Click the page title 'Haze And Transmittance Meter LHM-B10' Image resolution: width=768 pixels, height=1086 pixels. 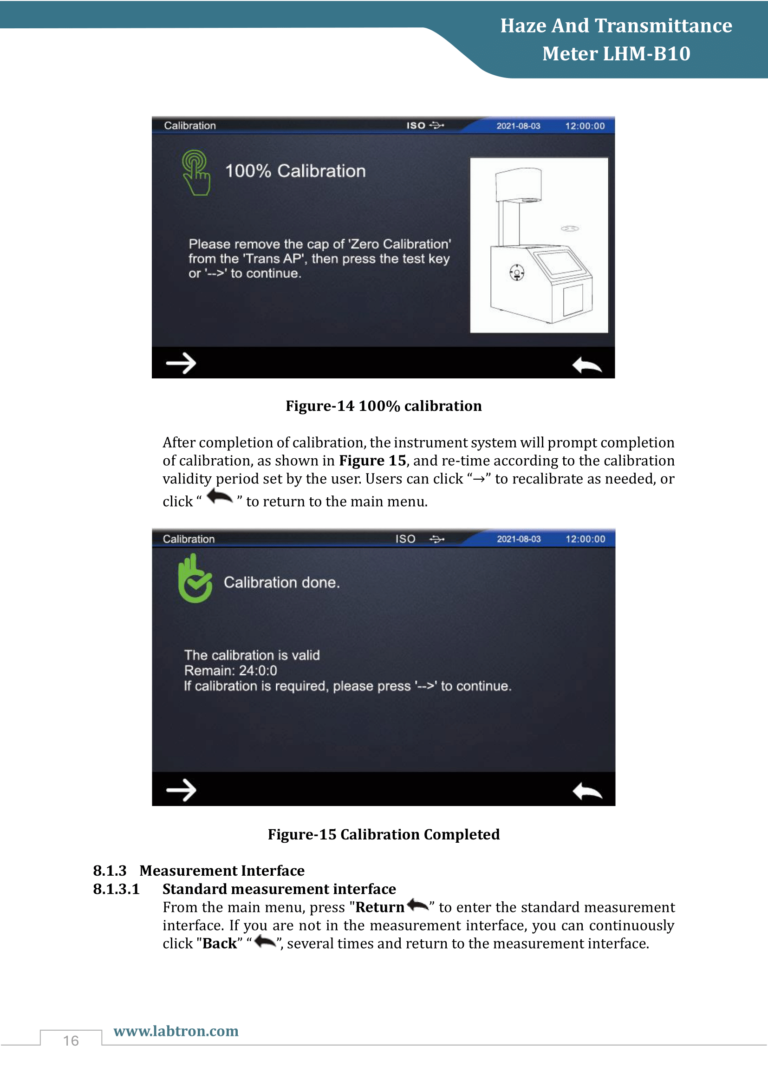pyautogui.click(x=616, y=39)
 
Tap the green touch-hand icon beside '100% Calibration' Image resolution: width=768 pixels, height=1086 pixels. pyautogui.click(x=196, y=173)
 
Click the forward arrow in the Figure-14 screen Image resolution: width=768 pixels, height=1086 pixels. pyautogui.click(x=181, y=363)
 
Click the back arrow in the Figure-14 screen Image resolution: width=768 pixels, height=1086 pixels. pyautogui.click(x=587, y=364)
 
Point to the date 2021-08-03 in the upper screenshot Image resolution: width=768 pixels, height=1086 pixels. pyautogui.click(x=518, y=126)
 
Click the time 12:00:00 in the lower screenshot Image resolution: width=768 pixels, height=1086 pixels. pyautogui.click(x=586, y=539)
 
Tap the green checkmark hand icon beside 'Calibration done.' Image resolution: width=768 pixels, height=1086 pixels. pyautogui.click(x=195, y=579)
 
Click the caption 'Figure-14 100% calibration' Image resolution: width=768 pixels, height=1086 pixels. pyautogui.click(x=384, y=406)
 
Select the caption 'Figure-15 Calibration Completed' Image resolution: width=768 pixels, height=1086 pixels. pyautogui.click(x=384, y=834)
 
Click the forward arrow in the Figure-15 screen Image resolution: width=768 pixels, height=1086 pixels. pyautogui.click(x=181, y=790)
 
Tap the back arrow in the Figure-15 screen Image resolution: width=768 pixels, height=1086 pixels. pyautogui.click(x=587, y=791)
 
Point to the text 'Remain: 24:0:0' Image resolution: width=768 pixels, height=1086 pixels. pyautogui.click(x=231, y=670)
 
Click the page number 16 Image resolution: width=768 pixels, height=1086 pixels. pyautogui.click(x=71, y=1040)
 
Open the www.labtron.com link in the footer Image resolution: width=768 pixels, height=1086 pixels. pyautogui.click(x=176, y=1031)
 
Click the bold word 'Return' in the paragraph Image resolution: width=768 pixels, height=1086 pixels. pyautogui.click(x=380, y=907)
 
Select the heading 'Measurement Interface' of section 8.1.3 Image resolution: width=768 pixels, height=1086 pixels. pyautogui.click(x=222, y=870)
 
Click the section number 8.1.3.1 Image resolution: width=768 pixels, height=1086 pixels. pyautogui.click(x=117, y=889)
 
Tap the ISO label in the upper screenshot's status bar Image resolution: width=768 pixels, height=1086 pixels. pyautogui.click(x=416, y=125)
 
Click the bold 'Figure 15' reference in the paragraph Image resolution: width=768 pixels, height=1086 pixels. pyautogui.click(x=373, y=461)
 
